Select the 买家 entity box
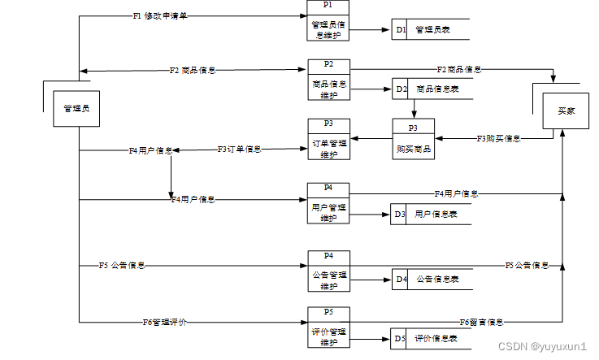[x=566, y=111]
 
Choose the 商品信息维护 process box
[x=328, y=84]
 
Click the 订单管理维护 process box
[x=328, y=144]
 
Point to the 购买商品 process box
[x=413, y=145]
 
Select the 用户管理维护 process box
[x=328, y=208]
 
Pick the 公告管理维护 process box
[x=328, y=276]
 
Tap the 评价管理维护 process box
[x=328, y=332]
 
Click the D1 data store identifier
[x=400, y=30]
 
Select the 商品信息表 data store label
[x=438, y=89]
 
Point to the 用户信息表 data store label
[x=436, y=215]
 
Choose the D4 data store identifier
[x=400, y=280]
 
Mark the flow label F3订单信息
[x=239, y=150]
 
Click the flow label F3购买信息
[x=498, y=139]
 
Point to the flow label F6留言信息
[x=481, y=323]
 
